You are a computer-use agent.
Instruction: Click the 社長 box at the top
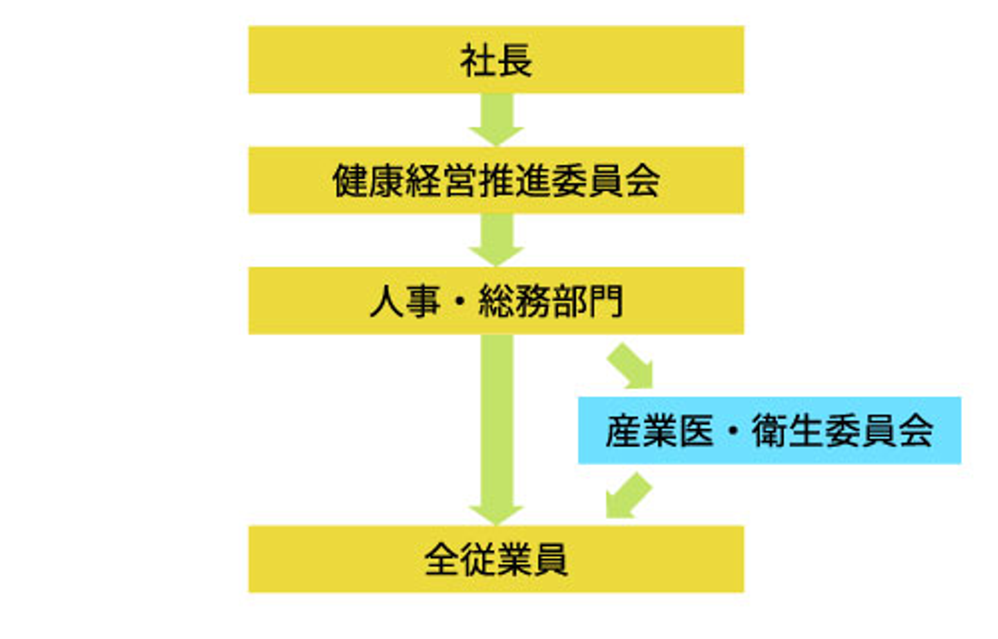[496, 60]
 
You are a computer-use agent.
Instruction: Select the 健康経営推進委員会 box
[496, 180]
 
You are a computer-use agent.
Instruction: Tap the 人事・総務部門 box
[496, 301]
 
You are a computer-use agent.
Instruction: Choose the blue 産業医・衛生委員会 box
[769, 430]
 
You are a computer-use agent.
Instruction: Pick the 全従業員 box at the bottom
[496, 559]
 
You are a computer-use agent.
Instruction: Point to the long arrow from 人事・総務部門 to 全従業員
[496, 430]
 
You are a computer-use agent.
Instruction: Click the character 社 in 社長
[478, 61]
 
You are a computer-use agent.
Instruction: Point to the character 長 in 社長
[515, 61]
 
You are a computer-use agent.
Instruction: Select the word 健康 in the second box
[369, 181]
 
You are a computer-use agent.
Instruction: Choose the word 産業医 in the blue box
[659, 430]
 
